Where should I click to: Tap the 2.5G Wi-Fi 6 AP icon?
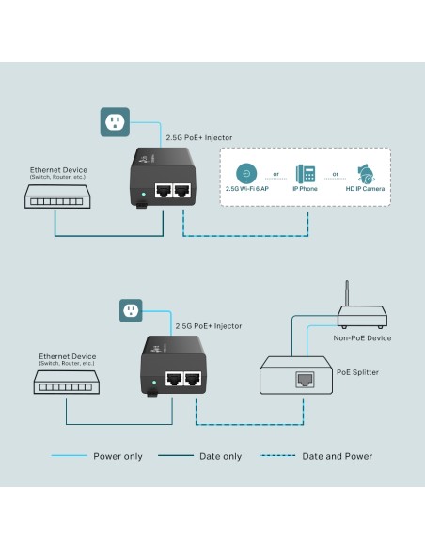coord(245,174)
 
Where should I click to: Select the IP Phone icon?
coord(306,174)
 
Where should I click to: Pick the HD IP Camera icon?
coord(365,174)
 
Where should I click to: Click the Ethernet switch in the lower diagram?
coord(67,381)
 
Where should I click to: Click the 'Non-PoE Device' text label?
coord(362,337)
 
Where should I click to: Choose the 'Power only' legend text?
coord(118,456)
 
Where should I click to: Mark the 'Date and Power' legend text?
coord(337,456)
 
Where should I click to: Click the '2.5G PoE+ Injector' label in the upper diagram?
coord(198,137)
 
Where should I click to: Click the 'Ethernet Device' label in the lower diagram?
coord(67,356)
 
